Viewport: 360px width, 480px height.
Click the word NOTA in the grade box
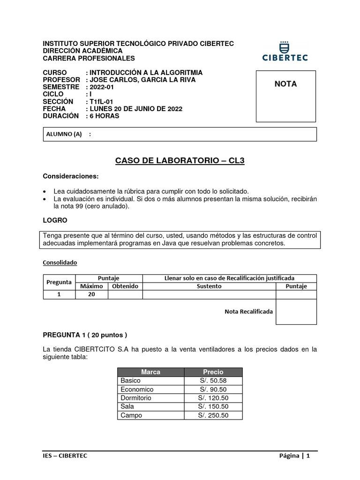pos(285,84)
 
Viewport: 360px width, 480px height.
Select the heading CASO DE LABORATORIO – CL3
pos(180,161)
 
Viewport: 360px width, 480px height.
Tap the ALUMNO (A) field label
pos(64,134)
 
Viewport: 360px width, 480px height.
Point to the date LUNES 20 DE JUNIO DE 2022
pos(136,109)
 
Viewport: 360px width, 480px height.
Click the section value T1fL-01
pos(101,102)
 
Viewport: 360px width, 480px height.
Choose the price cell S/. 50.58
pos(213,381)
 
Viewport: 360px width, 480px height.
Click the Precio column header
pos(213,372)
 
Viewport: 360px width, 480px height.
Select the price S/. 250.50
pos(213,415)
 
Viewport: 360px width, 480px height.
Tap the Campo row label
pos(131,415)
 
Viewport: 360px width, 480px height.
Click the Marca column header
pos(150,372)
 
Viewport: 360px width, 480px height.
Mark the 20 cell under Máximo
pos(91,294)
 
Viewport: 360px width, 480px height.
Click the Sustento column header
pos(209,286)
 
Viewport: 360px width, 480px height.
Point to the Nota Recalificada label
pos(248,311)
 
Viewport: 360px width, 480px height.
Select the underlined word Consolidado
pos(60,262)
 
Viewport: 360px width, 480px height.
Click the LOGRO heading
pos(55,220)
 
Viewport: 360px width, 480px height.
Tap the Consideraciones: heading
pos(71,176)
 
